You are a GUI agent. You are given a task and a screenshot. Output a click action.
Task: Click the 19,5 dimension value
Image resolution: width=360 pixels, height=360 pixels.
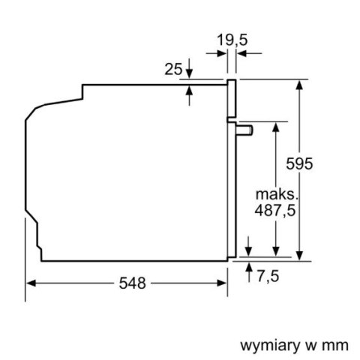click(232, 40)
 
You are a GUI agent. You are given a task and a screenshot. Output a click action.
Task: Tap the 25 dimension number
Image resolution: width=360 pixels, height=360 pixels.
click(173, 69)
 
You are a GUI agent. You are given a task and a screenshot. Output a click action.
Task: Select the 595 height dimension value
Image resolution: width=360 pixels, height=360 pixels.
click(299, 164)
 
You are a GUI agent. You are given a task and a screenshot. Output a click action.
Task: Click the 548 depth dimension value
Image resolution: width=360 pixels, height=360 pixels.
click(132, 283)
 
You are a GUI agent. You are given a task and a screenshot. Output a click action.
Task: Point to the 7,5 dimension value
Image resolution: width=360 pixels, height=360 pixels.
click(268, 277)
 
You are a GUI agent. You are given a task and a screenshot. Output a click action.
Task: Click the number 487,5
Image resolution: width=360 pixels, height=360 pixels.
click(275, 211)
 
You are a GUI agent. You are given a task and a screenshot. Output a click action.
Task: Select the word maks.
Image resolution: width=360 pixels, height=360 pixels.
click(277, 194)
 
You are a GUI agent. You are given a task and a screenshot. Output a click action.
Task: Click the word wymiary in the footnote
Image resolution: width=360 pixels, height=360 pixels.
click(270, 346)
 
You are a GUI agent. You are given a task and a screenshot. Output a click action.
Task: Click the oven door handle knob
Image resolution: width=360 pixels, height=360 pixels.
click(244, 130)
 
